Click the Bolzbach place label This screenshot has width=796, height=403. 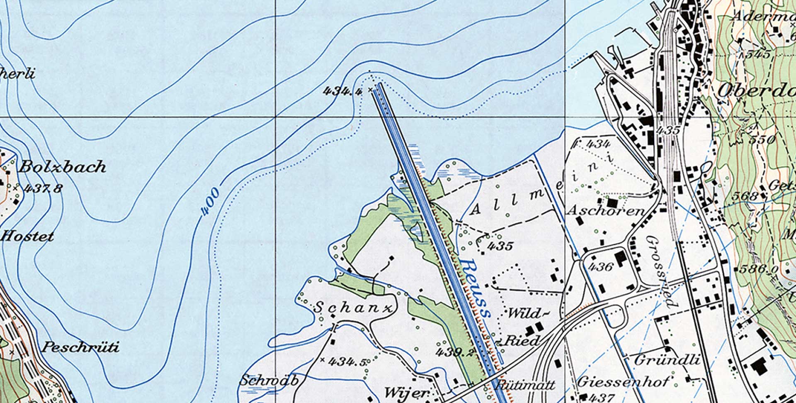coord(62,167)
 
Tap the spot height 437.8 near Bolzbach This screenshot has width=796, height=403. coord(43,188)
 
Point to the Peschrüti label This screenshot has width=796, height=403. coord(81,347)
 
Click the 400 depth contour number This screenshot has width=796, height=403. coord(210,202)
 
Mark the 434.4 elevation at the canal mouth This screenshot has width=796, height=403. coord(342,90)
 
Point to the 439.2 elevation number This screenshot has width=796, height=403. coord(454,353)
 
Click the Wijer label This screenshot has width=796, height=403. coord(406,393)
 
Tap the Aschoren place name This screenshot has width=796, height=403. coord(606,211)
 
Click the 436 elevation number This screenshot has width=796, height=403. coord(600,266)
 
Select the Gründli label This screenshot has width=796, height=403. coord(667,359)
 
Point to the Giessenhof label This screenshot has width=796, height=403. coord(622,381)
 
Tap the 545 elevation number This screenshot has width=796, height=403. coord(758,54)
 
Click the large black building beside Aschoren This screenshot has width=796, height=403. coord(612,203)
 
